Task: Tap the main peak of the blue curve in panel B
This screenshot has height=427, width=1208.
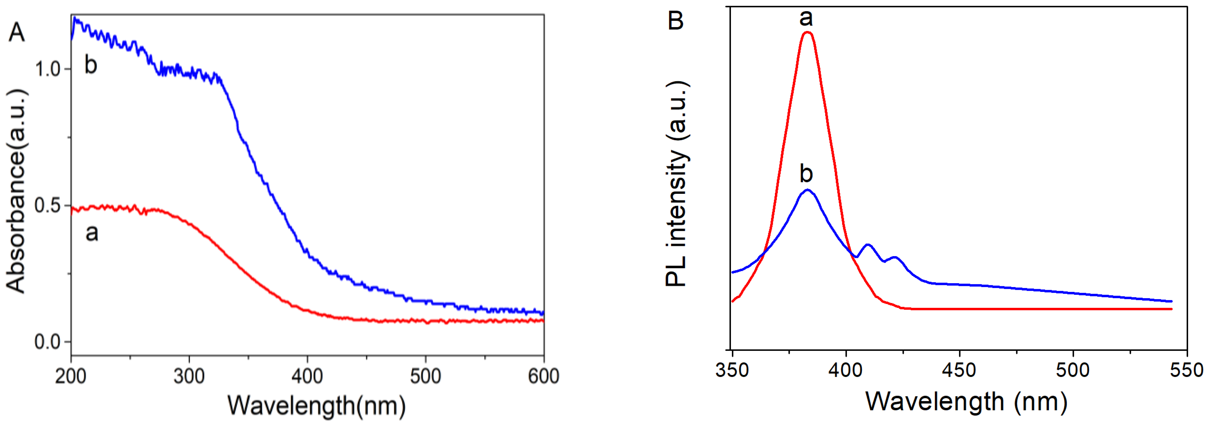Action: click(x=807, y=190)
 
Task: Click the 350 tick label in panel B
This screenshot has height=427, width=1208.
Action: click(x=732, y=370)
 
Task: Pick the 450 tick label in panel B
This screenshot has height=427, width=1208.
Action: click(x=960, y=370)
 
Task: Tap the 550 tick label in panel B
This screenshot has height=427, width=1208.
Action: click(x=1187, y=370)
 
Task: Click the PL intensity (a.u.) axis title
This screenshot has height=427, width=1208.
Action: click(x=677, y=184)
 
